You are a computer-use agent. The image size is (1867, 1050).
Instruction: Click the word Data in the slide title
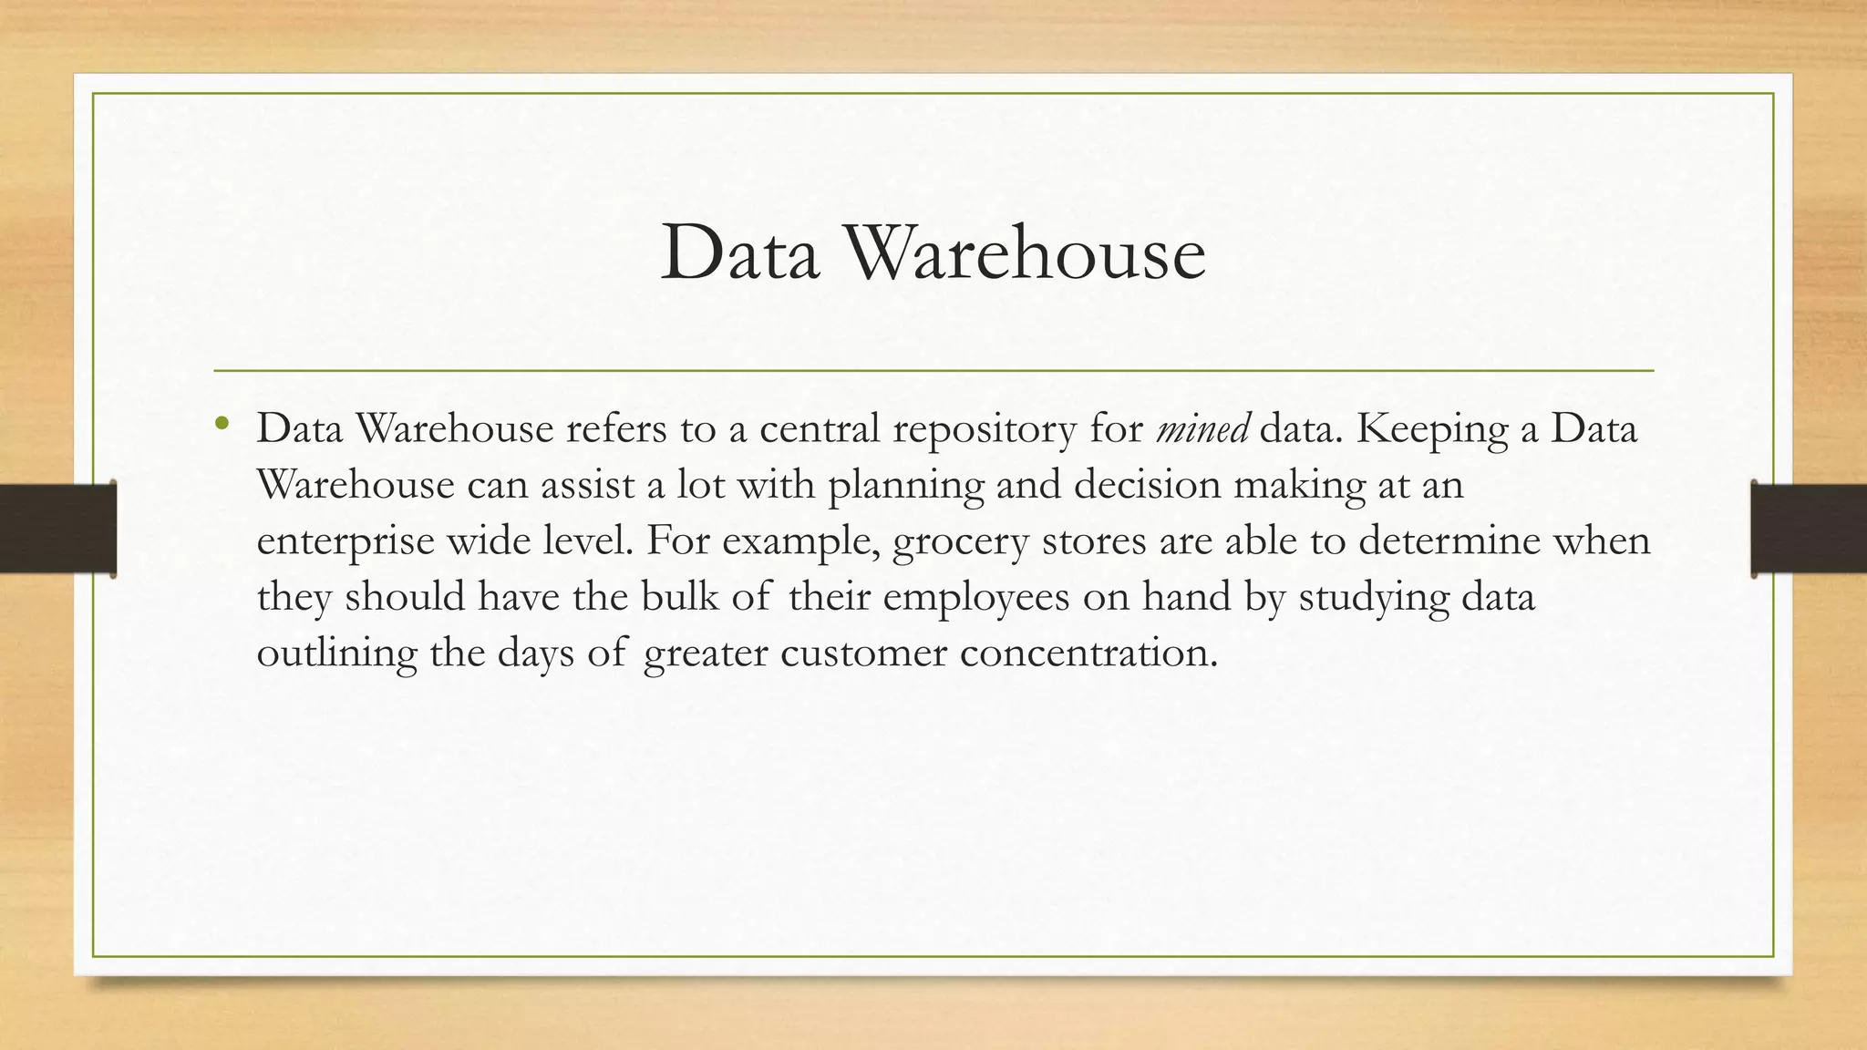point(739,253)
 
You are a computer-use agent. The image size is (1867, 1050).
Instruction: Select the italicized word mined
point(1202,428)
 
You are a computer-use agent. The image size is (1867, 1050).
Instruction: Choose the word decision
point(1147,484)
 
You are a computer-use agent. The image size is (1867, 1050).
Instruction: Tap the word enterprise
point(346,542)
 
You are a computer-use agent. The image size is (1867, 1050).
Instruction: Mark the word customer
point(863,654)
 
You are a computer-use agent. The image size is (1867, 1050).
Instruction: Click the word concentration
point(1088,654)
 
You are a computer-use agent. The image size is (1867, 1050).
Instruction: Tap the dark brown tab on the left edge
point(57,529)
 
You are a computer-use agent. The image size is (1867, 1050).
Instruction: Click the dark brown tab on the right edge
point(1809,529)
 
